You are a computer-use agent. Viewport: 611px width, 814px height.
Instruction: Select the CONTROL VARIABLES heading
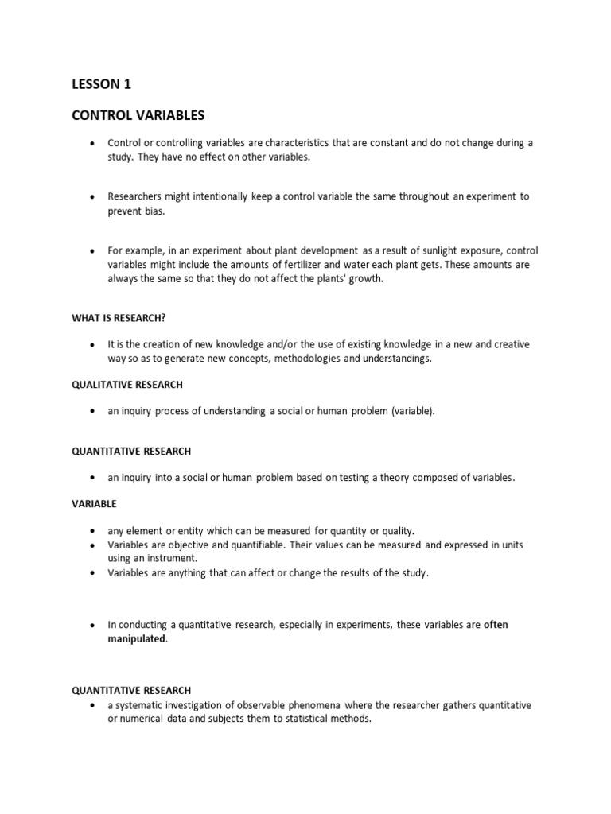138,116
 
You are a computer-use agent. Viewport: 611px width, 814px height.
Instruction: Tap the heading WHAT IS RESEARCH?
119,318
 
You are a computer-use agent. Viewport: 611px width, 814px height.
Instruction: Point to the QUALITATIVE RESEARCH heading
127,385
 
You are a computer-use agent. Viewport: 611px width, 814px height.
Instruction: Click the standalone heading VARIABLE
94,504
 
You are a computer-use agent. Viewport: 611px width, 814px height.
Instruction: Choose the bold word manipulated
137,639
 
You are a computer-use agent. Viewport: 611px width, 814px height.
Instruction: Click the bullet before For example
93,250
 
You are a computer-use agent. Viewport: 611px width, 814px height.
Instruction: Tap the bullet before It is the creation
93,345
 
